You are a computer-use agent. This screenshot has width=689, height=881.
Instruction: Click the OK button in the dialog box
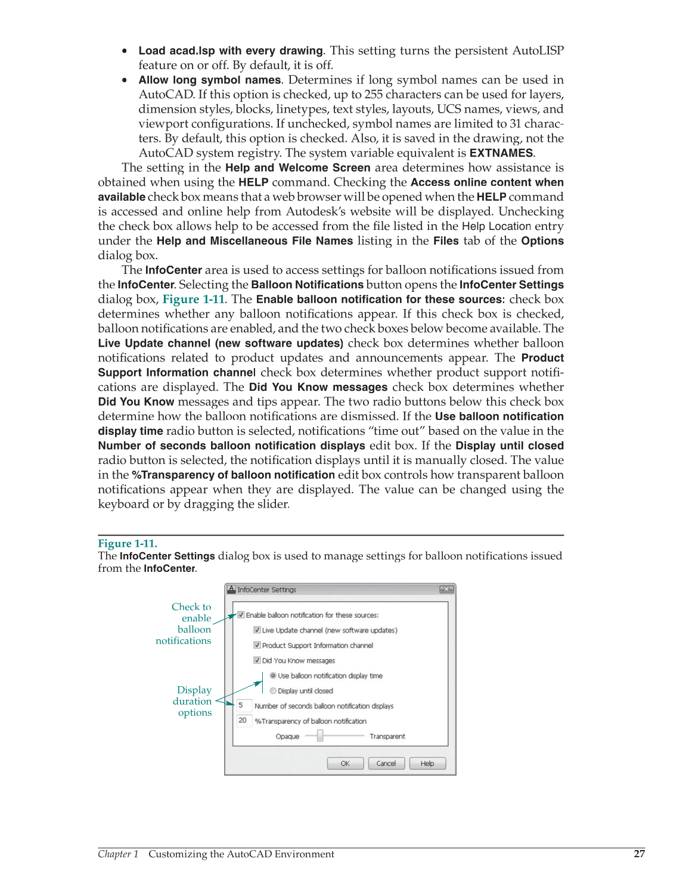(345, 763)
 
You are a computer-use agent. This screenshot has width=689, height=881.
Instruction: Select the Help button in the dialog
(427, 763)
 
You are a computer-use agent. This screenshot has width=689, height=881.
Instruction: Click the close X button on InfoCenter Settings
(446, 589)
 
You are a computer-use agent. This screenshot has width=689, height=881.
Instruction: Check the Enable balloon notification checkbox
(241, 615)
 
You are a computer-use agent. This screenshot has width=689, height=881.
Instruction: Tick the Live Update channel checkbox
(257, 630)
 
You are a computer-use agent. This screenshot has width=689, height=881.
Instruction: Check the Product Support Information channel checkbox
(257, 645)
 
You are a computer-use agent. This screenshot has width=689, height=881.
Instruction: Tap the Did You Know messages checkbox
(257, 660)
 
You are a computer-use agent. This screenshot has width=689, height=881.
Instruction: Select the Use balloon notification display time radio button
(273, 675)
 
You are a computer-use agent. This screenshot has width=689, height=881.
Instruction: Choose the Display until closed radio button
(273, 691)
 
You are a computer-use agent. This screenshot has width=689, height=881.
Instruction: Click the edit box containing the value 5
(243, 705)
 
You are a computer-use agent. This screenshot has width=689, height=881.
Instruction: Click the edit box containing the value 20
(243, 721)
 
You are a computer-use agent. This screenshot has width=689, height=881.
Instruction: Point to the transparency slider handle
(320, 736)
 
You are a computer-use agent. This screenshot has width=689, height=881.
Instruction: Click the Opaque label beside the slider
(287, 736)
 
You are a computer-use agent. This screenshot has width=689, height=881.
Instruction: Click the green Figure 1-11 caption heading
(128, 543)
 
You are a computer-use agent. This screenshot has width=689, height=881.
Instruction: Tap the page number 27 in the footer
(639, 854)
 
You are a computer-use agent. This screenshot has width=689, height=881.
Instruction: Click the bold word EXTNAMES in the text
(501, 153)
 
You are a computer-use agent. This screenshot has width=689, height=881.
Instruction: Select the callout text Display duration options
(193, 701)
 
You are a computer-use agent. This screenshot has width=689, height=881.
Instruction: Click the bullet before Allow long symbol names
(125, 80)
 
